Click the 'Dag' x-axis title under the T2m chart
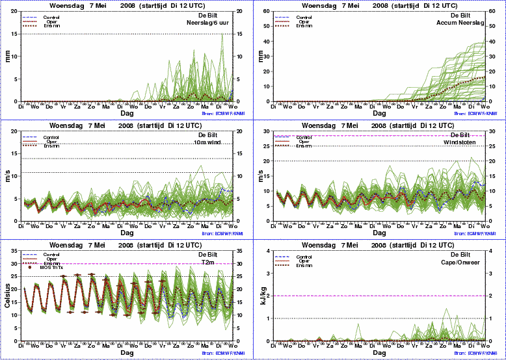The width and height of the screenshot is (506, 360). point(127,352)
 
